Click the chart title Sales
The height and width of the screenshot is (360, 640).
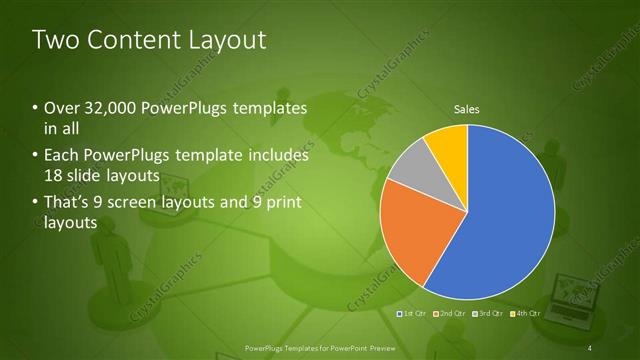pos(467,109)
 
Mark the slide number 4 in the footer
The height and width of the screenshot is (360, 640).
pos(592,347)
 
